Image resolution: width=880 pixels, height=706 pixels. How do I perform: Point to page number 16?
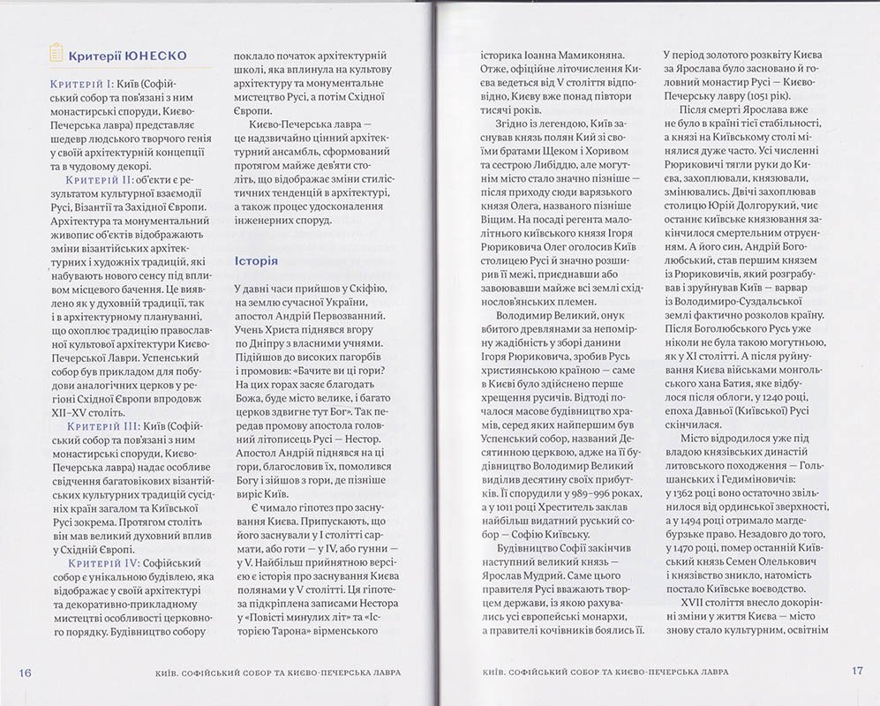(26, 672)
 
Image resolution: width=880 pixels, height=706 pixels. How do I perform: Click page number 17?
(856, 670)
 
